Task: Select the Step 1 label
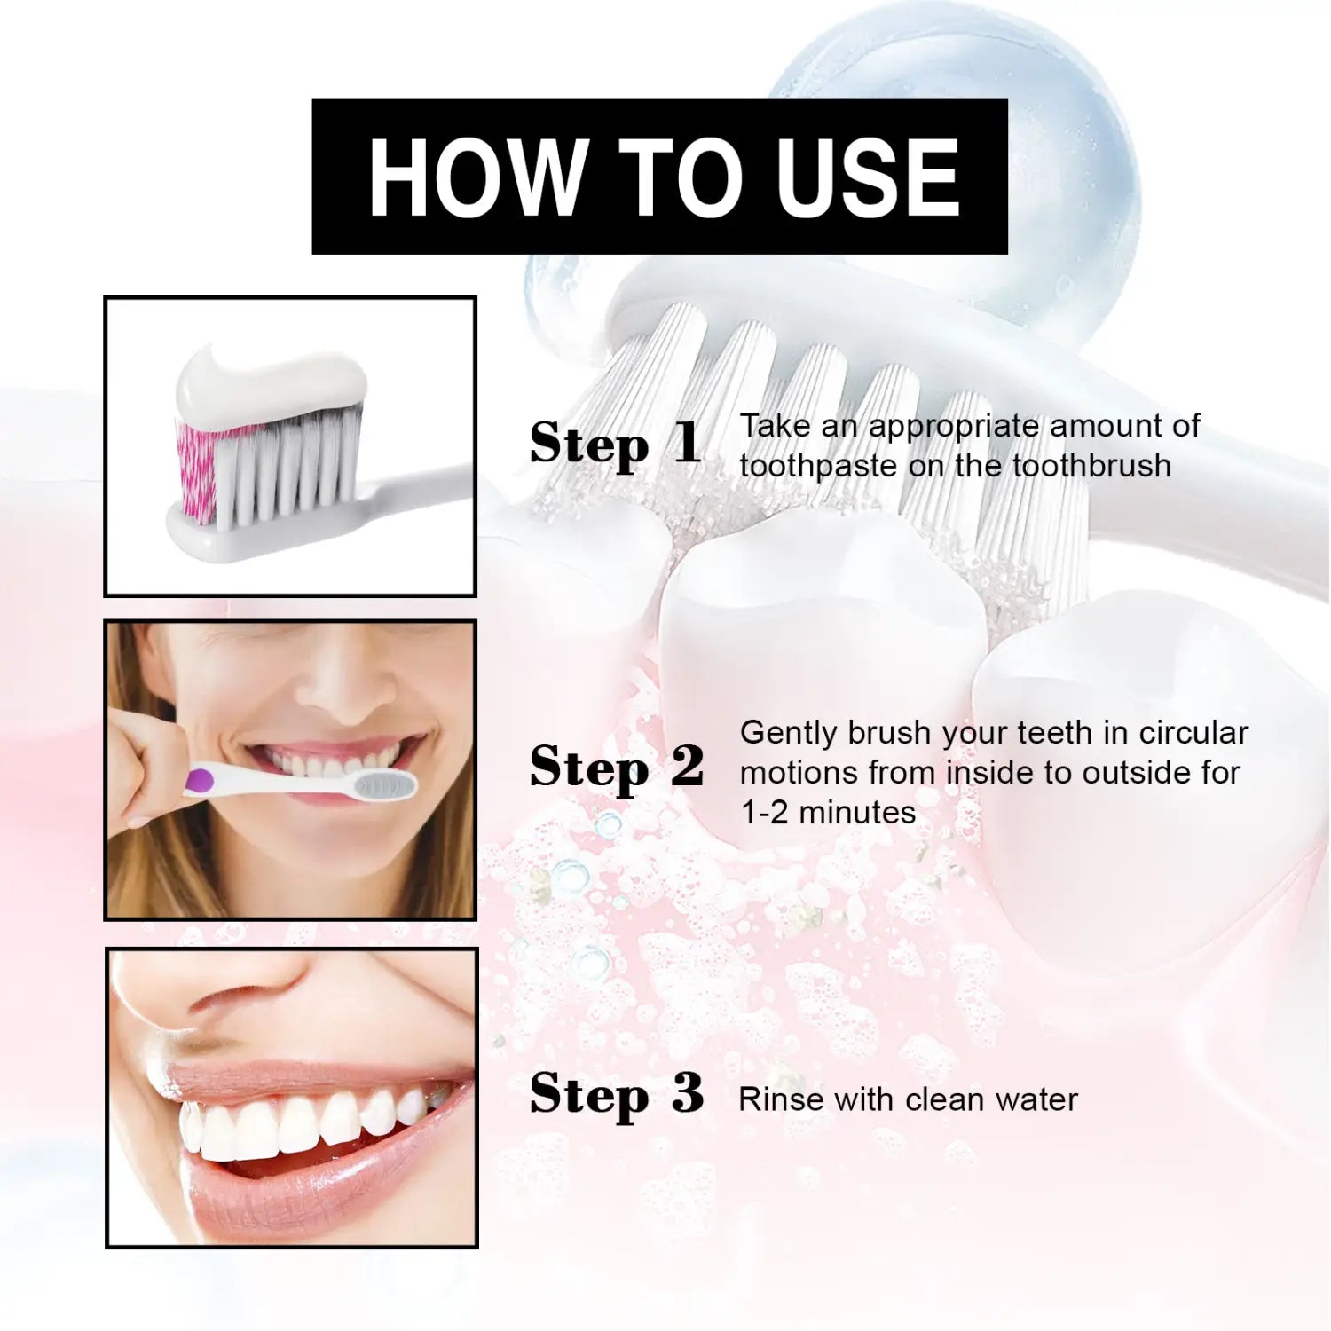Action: coord(616,444)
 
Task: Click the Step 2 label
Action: coord(617,768)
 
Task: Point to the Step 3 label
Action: coord(617,1094)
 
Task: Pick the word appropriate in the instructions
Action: coord(954,427)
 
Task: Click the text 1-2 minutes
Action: coord(828,812)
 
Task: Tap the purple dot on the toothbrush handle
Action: coord(201,781)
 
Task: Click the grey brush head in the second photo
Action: coord(385,783)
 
